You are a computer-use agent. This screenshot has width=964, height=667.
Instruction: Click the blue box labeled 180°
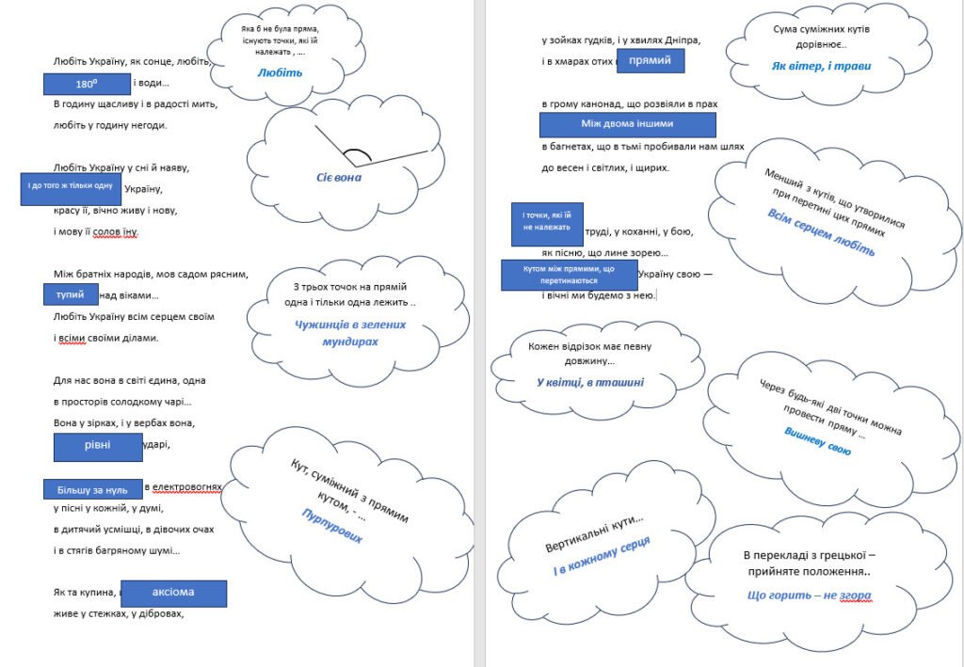[x=87, y=83]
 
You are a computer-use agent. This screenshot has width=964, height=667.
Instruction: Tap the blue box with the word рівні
[x=97, y=446]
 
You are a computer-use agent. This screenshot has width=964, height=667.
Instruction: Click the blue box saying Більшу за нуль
[x=92, y=489]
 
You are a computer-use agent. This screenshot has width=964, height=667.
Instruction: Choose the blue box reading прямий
[x=650, y=61]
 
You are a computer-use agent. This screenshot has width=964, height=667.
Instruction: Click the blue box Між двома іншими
[x=627, y=124]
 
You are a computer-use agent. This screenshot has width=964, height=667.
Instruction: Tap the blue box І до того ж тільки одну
[x=71, y=188]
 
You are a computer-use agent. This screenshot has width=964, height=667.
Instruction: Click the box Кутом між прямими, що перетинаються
[x=569, y=275]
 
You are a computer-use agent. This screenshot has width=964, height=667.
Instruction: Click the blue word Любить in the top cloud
[x=281, y=71]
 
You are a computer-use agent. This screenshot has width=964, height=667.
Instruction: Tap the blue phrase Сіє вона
[x=339, y=177]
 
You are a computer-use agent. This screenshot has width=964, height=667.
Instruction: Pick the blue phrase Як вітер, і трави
[x=821, y=66]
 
